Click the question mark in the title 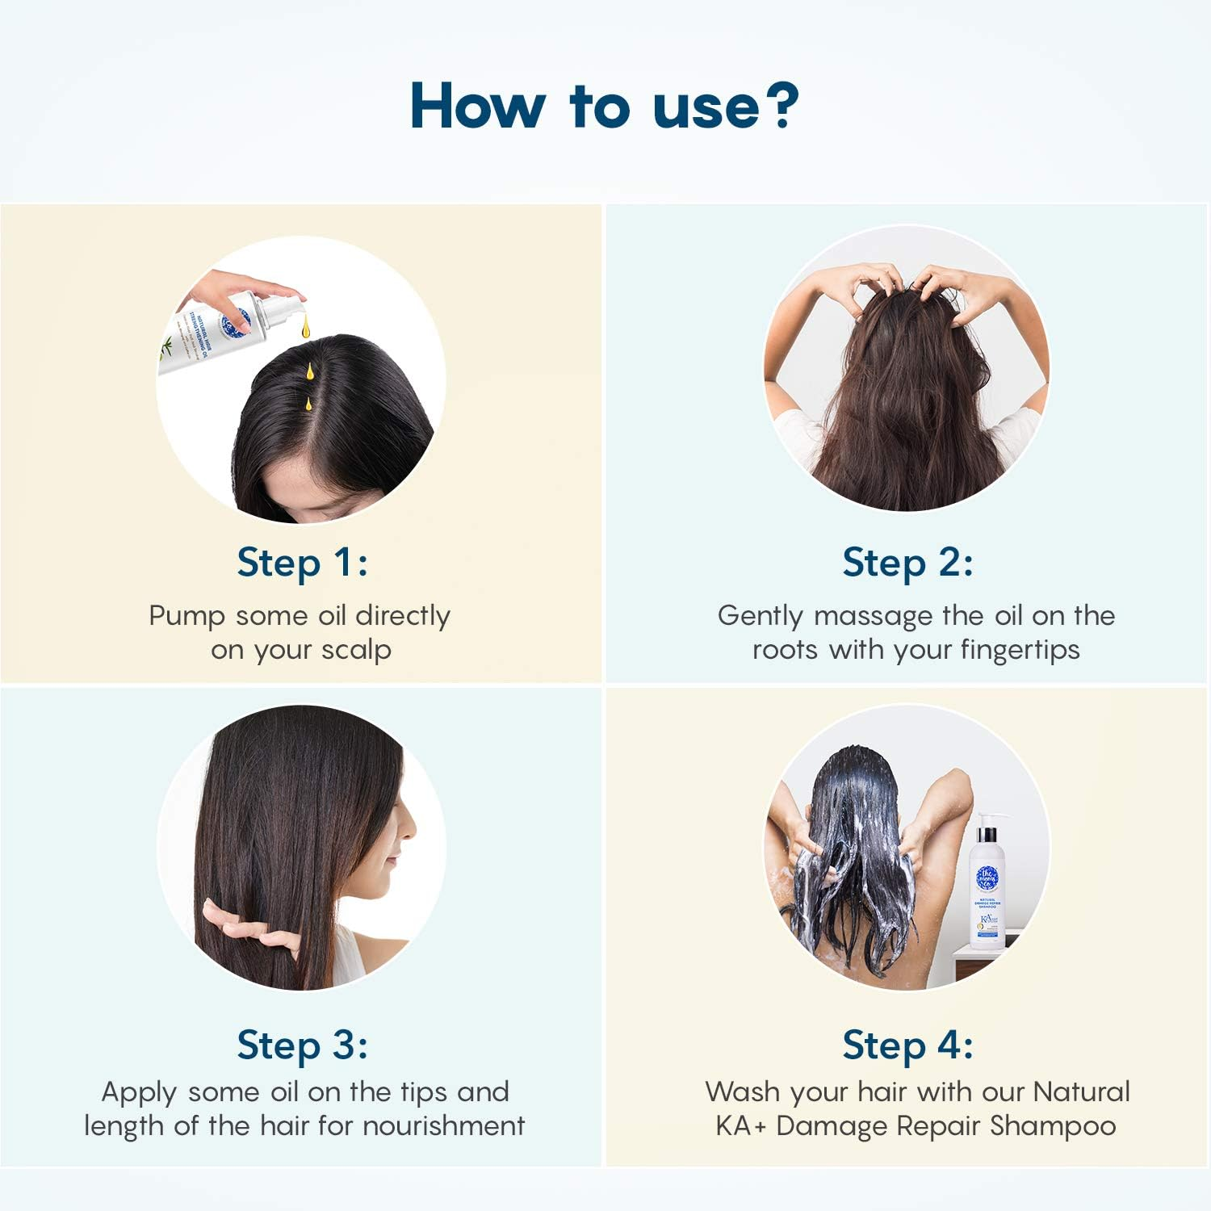tap(780, 105)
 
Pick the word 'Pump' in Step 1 tap(186, 616)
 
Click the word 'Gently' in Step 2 tap(761, 616)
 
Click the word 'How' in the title tap(477, 106)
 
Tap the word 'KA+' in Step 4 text tap(740, 1125)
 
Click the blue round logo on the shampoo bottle tap(987, 878)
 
